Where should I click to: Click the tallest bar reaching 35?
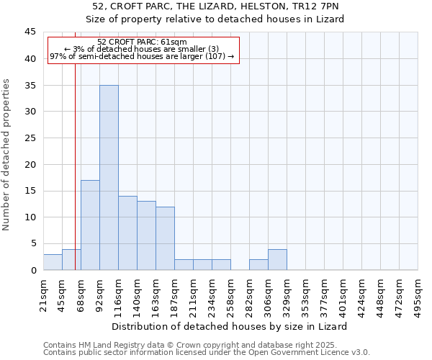[x=109, y=177]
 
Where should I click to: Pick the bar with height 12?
[x=165, y=238]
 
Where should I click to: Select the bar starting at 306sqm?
[x=277, y=259]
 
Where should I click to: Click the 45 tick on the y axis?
[x=30, y=32]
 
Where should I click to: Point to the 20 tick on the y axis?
[x=30, y=164]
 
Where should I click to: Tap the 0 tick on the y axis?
[x=33, y=270]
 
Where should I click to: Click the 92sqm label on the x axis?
[x=100, y=292]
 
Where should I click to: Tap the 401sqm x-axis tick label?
[x=343, y=294]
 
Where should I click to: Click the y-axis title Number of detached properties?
[x=6, y=155]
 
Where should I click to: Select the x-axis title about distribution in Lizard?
[x=230, y=326]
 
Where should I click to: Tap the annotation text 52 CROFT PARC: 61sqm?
[x=142, y=42]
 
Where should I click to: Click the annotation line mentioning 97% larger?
[x=142, y=56]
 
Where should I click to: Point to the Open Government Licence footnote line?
[x=207, y=353]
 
